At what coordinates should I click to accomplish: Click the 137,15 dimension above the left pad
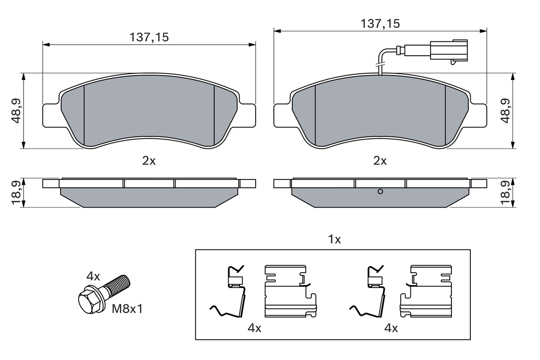click(x=149, y=37)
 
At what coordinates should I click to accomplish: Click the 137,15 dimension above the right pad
click(x=380, y=24)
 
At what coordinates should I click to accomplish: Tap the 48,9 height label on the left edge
click(x=16, y=111)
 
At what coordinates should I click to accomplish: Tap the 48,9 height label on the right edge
click(x=506, y=111)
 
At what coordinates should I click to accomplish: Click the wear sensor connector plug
click(x=448, y=51)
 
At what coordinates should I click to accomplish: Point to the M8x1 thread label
click(x=127, y=309)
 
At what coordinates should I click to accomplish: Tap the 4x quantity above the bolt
click(x=93, y=277)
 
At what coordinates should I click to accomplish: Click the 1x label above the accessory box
click(x=334, y=240)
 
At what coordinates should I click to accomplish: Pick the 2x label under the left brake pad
click(x=149, y=161)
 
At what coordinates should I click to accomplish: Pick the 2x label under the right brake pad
click(x=380, y=161)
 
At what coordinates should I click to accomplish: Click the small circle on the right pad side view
click(x=380, y=192)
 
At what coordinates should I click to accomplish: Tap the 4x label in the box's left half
click(x=254, y=328)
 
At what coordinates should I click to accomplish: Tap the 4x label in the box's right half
click(x=391, y=328)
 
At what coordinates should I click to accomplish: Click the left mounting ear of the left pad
click(x=51, y=115)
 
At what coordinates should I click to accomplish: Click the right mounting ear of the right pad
click(x=478, y=115)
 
